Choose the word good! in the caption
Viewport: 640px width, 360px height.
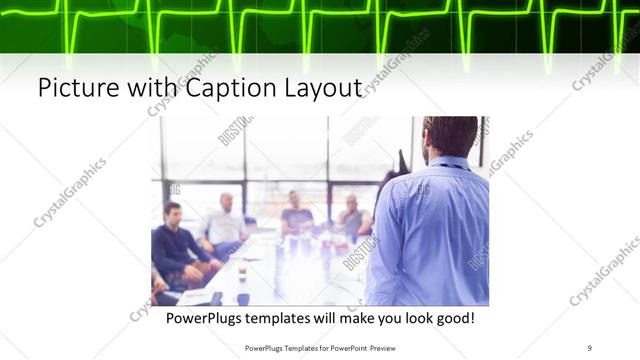[452, 319]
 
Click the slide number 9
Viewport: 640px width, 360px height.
[589, 348]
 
